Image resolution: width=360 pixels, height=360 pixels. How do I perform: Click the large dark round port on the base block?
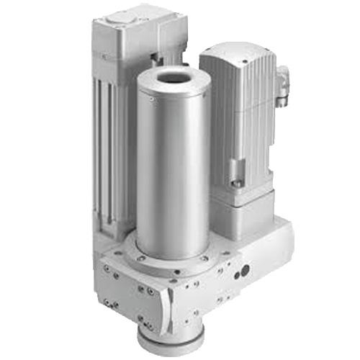(x=244, y=271)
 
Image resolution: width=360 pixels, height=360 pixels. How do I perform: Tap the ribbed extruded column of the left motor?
(x=108, y=144)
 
